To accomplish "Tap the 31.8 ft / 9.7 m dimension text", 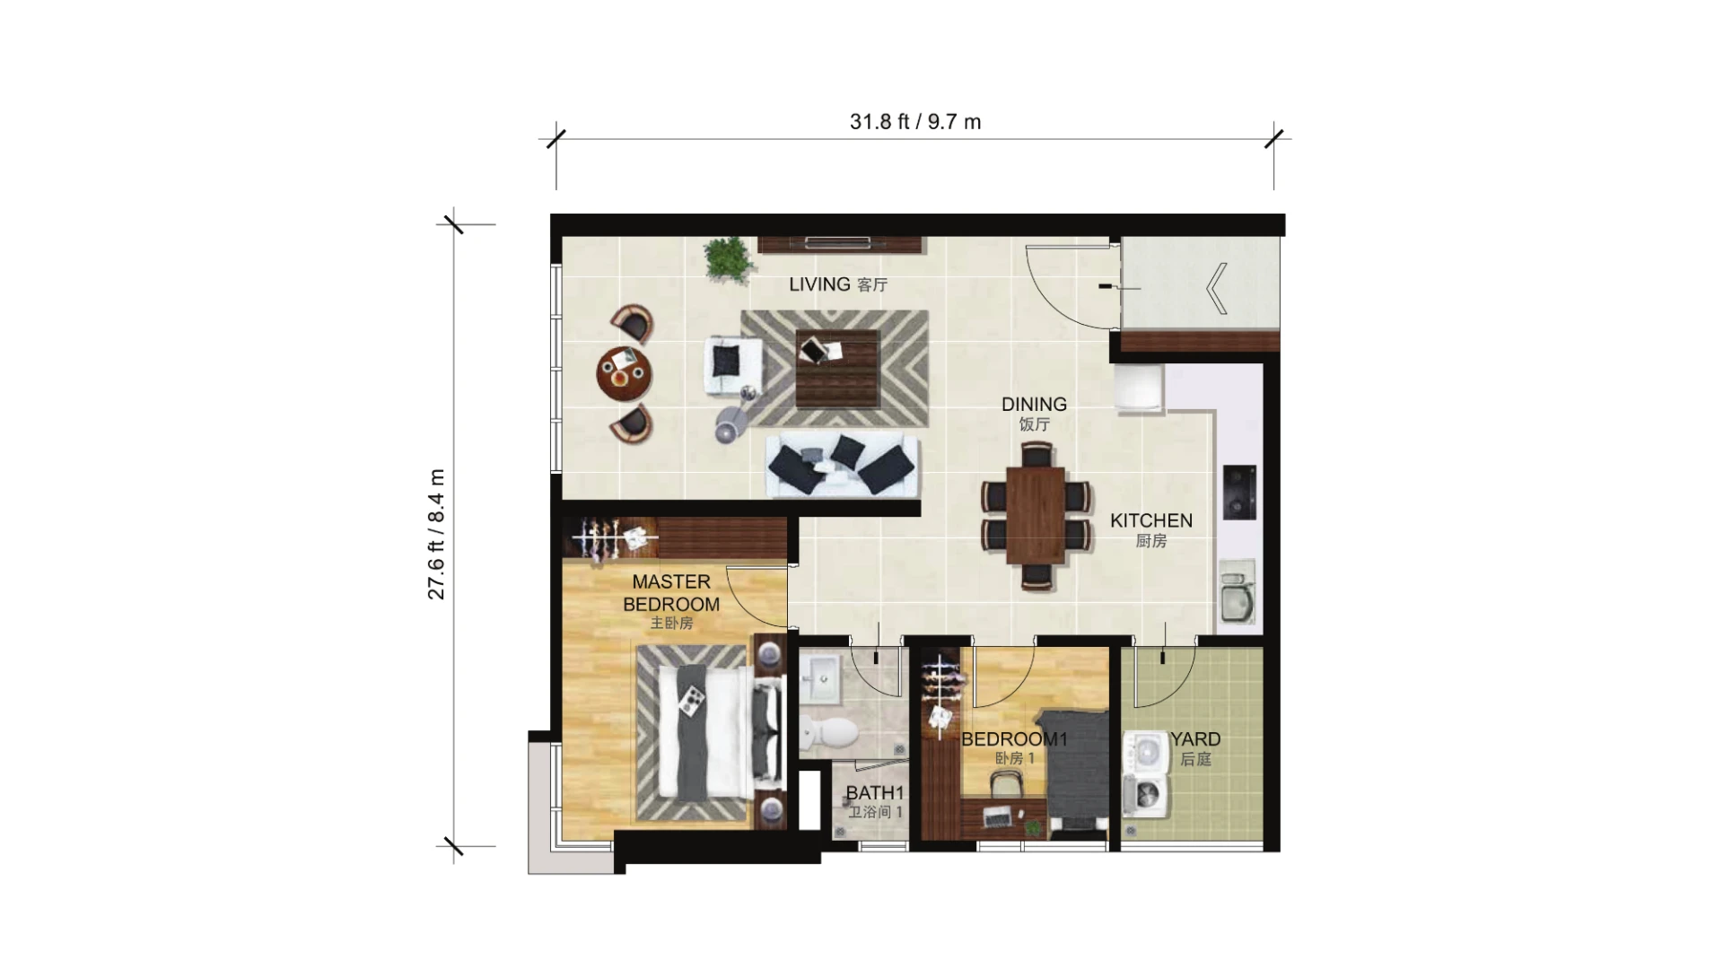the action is point(915,122).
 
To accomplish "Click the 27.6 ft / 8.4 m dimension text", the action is point(436,534).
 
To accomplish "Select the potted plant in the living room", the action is point(726,259).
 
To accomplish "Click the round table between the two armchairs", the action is point(625,373).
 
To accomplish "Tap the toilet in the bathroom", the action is point(829,731).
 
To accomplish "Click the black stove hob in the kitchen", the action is point(1239,493).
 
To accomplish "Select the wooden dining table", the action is point(1036,515).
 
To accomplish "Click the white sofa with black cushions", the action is point(843,466).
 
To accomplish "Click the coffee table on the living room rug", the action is point(837,369).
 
